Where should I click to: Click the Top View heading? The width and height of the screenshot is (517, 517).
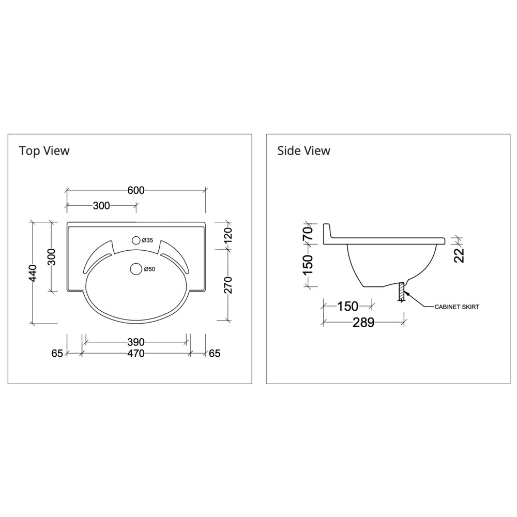[44, 151]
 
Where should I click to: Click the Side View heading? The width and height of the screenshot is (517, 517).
[303, 151]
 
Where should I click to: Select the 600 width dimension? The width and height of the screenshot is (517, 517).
[136, 190]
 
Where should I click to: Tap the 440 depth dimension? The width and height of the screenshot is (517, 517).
[33, 273]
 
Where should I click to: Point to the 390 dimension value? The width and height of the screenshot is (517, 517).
[135, 342]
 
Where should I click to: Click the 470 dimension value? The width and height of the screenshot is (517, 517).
[135, 354]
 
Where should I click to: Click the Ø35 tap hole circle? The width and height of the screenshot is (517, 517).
[136, 240]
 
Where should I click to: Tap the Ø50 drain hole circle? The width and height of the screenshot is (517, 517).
[136, 269]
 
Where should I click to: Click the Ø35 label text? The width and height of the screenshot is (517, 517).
[147, 241]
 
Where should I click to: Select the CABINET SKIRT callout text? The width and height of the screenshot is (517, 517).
[457, 307]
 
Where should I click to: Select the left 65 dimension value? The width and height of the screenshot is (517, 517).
[57, 354]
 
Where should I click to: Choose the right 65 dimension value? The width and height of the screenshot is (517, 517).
[215, 354]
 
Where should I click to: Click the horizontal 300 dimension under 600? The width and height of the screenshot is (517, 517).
[101, 206]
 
